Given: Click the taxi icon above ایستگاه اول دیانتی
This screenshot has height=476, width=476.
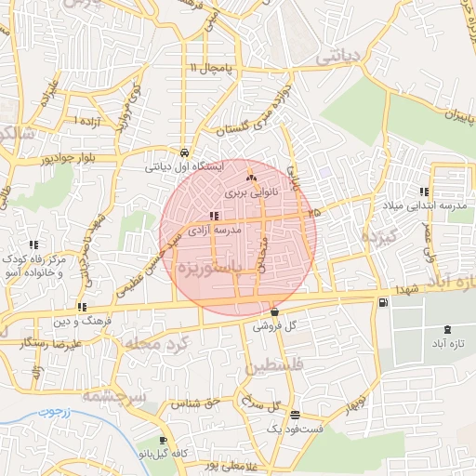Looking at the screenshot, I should (184, 153).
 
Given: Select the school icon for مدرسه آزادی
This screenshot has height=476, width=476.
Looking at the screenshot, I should (215, 216).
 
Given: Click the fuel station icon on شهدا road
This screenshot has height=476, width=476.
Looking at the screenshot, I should (384, 302).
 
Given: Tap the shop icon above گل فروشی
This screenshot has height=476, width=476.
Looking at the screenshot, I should (274, 311).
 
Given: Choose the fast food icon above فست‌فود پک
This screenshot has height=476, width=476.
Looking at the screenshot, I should (295, 415).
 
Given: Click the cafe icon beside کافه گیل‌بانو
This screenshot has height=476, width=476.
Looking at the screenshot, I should (164, 441).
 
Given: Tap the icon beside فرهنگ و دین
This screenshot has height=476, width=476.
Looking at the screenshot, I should (83, 307).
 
